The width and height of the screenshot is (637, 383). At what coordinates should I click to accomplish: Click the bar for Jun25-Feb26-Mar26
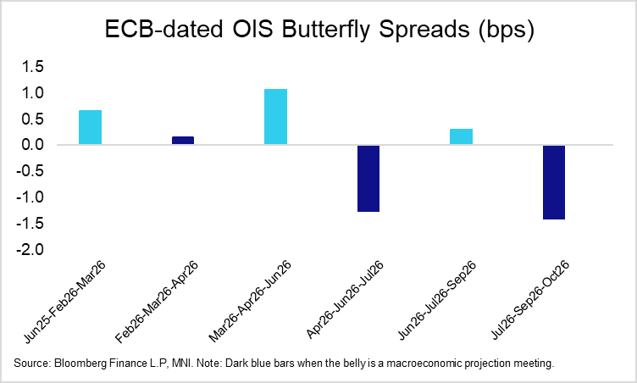coord(90,128)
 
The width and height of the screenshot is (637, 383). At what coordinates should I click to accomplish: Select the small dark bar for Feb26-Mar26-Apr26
coord(183,141)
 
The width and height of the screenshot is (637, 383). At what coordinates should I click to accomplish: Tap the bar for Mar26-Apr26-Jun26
coord(275,117)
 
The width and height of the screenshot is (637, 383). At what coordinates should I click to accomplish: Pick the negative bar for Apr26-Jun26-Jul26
coord(368,178)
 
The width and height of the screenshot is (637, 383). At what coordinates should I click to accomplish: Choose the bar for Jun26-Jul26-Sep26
coord(462,137)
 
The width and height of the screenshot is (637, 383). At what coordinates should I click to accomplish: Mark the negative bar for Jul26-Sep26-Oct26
coord(554,182)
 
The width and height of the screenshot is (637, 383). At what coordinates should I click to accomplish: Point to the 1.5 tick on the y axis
coord(33,67)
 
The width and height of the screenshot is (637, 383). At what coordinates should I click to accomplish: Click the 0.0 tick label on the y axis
coord(33,146)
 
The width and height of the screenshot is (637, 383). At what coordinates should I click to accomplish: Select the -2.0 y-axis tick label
coord(30,251)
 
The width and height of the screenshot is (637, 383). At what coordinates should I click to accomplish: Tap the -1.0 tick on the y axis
coord(30,198)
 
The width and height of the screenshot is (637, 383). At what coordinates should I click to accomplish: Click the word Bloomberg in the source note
coord(79,364)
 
